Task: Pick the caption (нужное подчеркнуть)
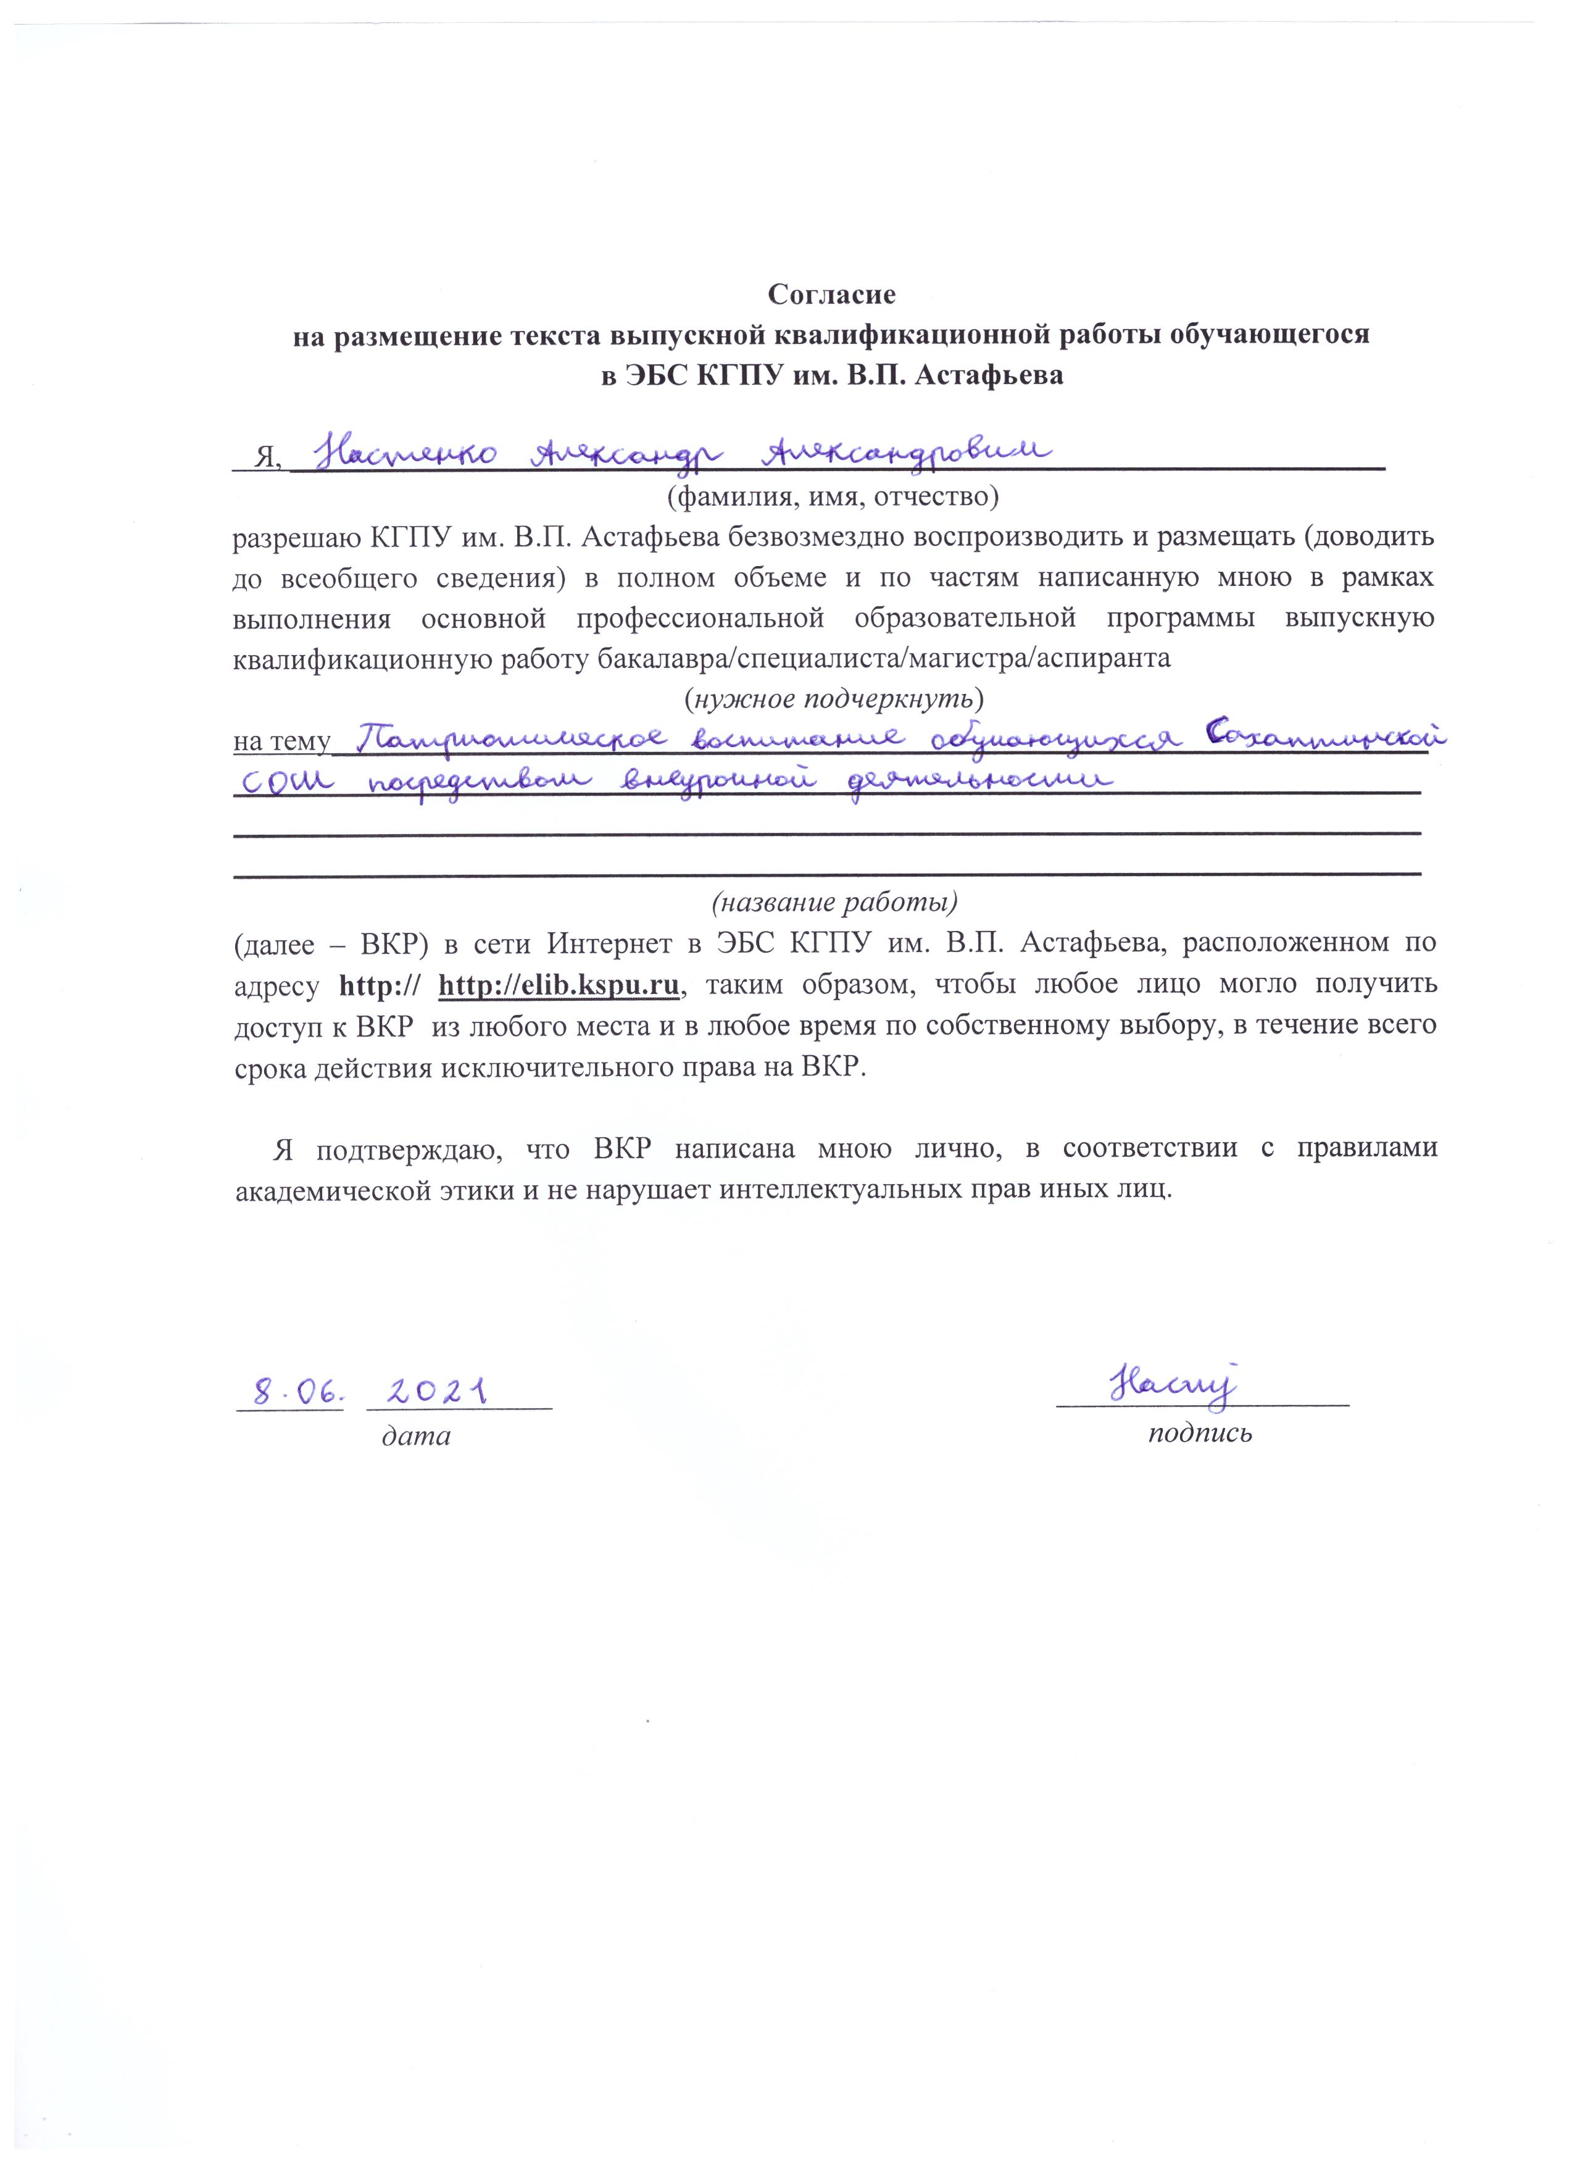pyautogui.click(x=834, y=698)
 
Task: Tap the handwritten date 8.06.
pyautogui.click(x=286, y=1392)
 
